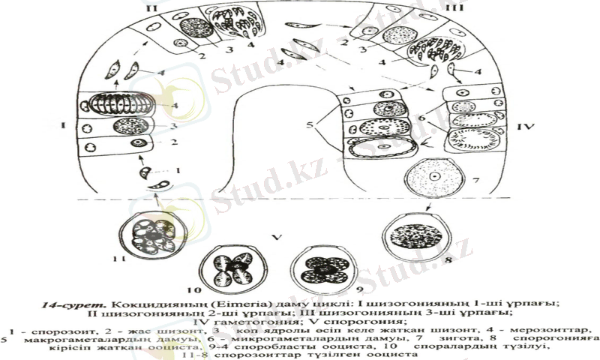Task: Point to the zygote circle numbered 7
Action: point(434,178)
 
